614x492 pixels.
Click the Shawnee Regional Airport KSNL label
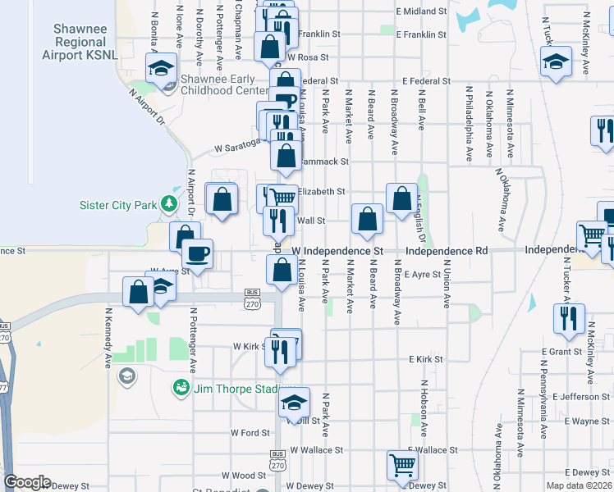pos(80,42)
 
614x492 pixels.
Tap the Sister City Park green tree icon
pos(169,203)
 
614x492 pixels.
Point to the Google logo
pos(27,482)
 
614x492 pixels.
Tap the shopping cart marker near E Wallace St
pos(402,465)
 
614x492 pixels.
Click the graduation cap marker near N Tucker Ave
pos(557,61)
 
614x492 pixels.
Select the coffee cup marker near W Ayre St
pos(197,253)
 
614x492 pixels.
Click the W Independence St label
pos(337,250)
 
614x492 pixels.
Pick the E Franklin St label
pos(420,35)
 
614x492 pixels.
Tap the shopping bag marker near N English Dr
pos(401,198)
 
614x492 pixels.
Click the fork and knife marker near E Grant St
pos(568,317)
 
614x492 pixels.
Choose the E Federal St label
pos(426,81)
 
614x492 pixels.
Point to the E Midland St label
pos(420,11)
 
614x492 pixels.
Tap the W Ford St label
pos(250,432)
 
